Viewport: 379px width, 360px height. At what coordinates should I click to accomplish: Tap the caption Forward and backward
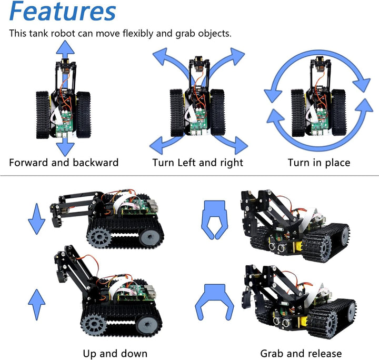[64, 163]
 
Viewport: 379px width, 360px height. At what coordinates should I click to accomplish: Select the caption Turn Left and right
[198, 163]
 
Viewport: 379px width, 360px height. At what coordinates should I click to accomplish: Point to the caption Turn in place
[319, 163]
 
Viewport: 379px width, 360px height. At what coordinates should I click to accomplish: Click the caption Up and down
[115, 353]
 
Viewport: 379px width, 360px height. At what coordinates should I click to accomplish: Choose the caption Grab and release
[301, 353]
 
